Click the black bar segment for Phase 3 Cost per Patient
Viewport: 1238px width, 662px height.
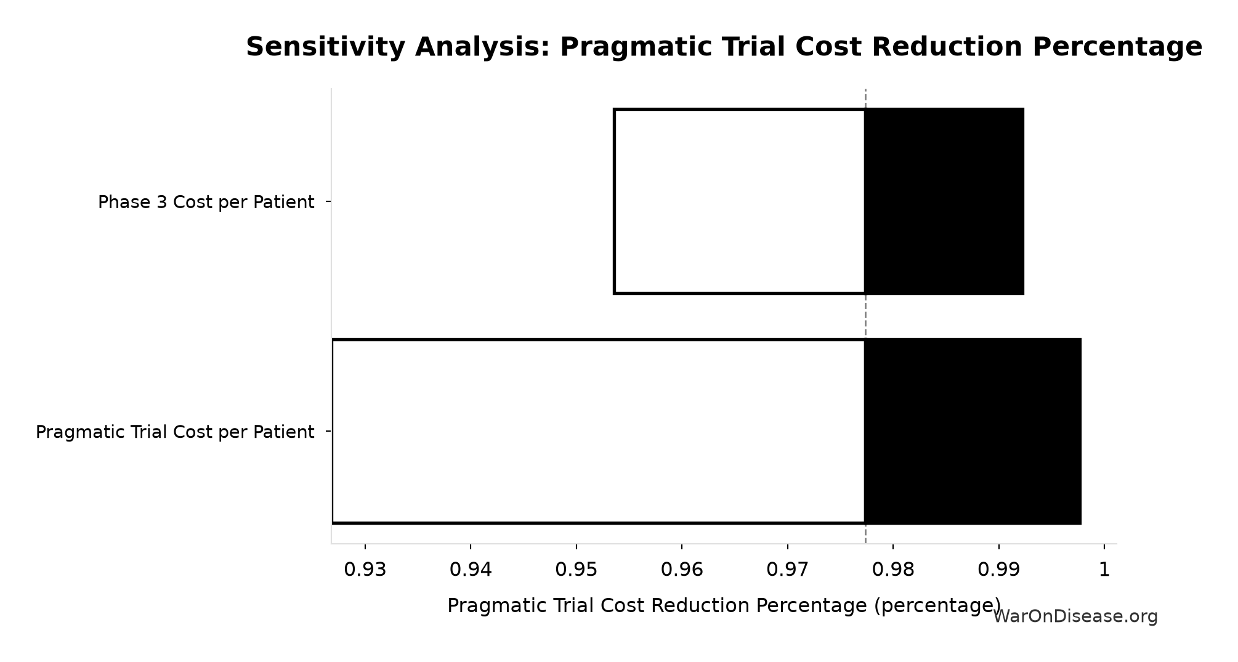point(944,201)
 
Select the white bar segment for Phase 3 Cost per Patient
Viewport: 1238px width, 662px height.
point(739,201)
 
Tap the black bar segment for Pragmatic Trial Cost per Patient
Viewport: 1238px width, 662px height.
point(973,431)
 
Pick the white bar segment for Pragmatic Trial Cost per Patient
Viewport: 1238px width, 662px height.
point(598,431)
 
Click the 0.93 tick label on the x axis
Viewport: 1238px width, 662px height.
point(365,570)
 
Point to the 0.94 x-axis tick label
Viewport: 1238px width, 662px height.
point(471,570)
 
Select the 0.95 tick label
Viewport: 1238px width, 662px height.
point(577,570)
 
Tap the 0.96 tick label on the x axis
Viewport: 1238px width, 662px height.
point(682,570)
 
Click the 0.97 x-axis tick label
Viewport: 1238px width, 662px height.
point(787,570)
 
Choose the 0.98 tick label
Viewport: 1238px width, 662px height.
point(893,570)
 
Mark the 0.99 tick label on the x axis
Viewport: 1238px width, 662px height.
point(998,570)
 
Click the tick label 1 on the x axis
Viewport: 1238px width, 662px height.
point(1104,570)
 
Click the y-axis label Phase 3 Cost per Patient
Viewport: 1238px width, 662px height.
point(206,202)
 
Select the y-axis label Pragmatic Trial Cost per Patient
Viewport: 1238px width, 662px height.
point(175,432)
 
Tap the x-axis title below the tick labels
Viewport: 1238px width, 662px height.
point(724,606)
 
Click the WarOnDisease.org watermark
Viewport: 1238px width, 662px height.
point(1075,616)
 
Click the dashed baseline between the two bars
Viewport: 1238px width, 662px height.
point(865,316)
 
